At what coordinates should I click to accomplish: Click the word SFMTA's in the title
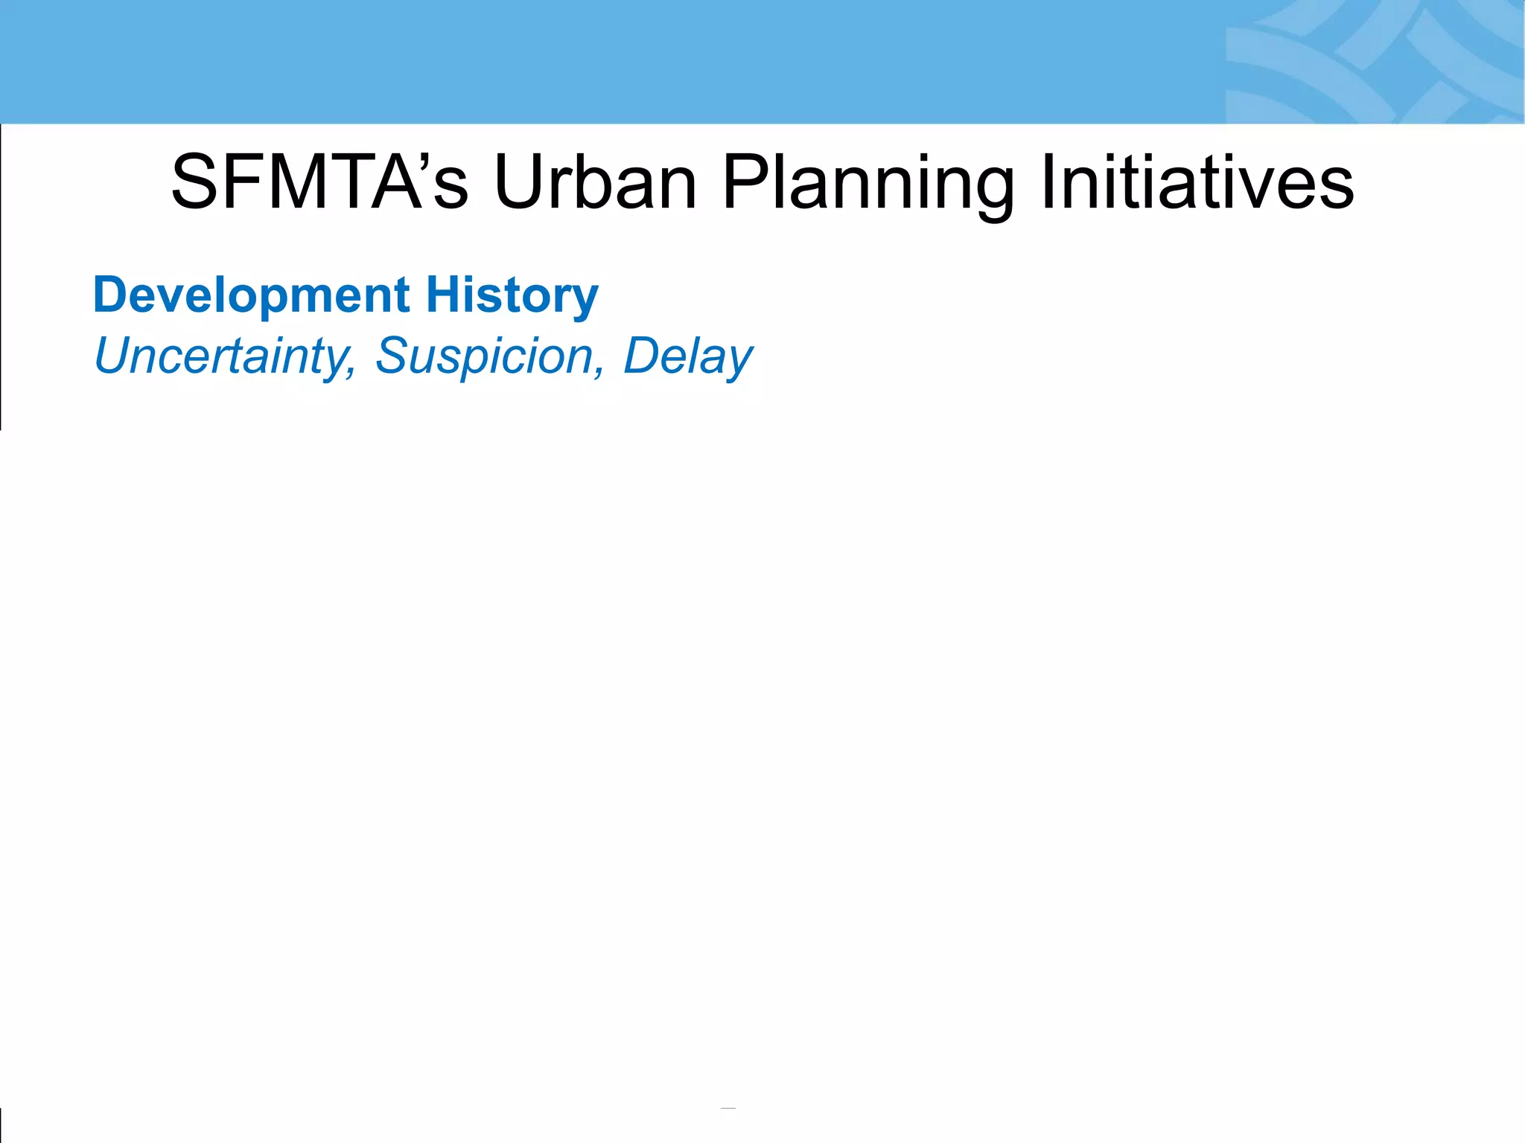pyautogui.click(x=319, y=183)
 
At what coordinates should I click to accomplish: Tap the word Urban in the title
pyautogui.click(x=595, y=183)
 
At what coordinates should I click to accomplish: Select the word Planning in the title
pyautogui.click(x=868, y=183)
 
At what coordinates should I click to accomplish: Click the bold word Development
pyautogui.click(x=251, y=295)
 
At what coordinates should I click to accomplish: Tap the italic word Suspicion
pyautogui.click(x=485, y=356)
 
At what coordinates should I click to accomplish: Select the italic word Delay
pyautogui.click(x=687, y=356)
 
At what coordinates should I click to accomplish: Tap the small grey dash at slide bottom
pyautogui.click(x=728, y=1109)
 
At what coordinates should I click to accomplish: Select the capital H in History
pyautogui.click(x=441, y=295)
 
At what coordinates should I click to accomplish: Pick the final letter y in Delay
pyautogui.click(x=739, y=361)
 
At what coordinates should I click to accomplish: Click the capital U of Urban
pyautogui.click(x=518, y=183)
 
